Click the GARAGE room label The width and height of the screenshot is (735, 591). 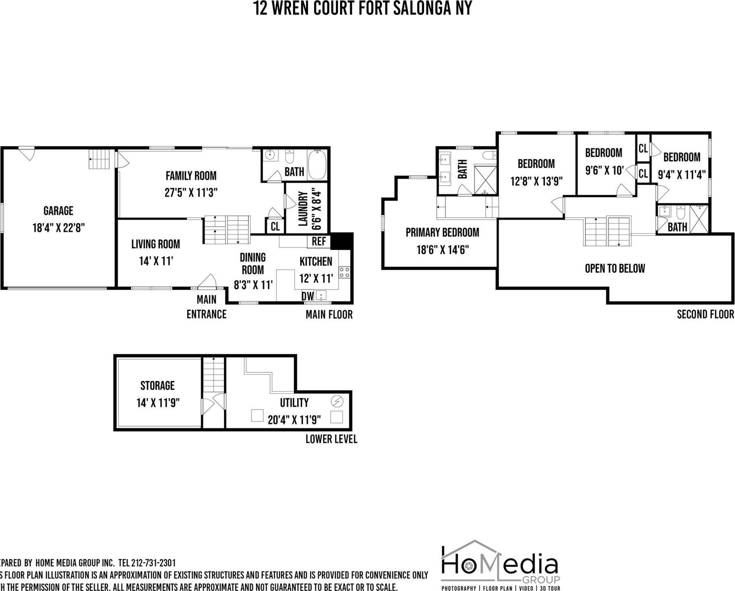click(58, 211)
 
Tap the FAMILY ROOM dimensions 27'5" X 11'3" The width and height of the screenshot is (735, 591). click(191, 192)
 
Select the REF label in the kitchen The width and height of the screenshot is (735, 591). click(319, 241)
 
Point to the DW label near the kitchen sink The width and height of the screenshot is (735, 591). click(307, 296)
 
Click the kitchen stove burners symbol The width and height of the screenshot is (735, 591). click(344, 272)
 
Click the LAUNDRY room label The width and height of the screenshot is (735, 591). click(303, 208)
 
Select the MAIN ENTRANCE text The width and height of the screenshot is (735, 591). click(207, 307)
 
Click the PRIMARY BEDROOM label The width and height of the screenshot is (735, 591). click(442, 232)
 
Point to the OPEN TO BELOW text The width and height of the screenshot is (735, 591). click(615, 268)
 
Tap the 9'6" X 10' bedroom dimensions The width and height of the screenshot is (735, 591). click(604, 171)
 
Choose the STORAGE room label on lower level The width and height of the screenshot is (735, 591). click(157, 385)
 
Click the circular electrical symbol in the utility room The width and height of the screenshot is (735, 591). click(337, 401)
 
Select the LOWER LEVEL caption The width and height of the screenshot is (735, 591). click(331, 439)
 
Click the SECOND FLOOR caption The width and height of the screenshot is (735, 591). click(705, 314)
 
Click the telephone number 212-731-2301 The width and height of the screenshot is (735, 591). click(154, 563)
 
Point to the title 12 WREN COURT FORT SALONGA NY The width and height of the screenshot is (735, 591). click(363, 8)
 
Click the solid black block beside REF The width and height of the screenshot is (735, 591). click(341, 241)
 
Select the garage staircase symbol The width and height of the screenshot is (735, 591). click(100, 159)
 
